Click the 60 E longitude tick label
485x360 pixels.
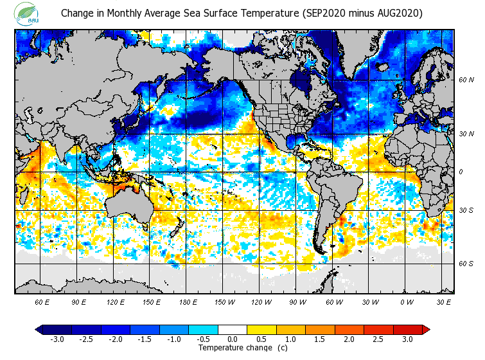pyautogui.click(x=42, y=301)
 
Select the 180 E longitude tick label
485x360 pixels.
pyautogui.click(x=188, y=301)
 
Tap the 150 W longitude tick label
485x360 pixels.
pyautogui.click(x=224, y=301)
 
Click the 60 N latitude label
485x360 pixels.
pyautogui.click(x=466, y=80)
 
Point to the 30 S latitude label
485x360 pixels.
pyautogui.click(x=466, y=210)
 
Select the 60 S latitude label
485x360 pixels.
pyautogui.click(x=466, y=264)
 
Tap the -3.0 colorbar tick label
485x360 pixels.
pyautogui.click(x=57, y=339)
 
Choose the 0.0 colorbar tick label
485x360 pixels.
pyautogui.click(x=232, y=339)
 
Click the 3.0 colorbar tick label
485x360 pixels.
pyautogui.click(x=407, y=339)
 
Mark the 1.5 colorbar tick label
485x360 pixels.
pyautogui.click(x=320, y=339)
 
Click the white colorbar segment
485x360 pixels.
pyautogui.click(x=232, y=330)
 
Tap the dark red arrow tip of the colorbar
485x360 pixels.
pyautogui.click(x=426, y=330)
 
